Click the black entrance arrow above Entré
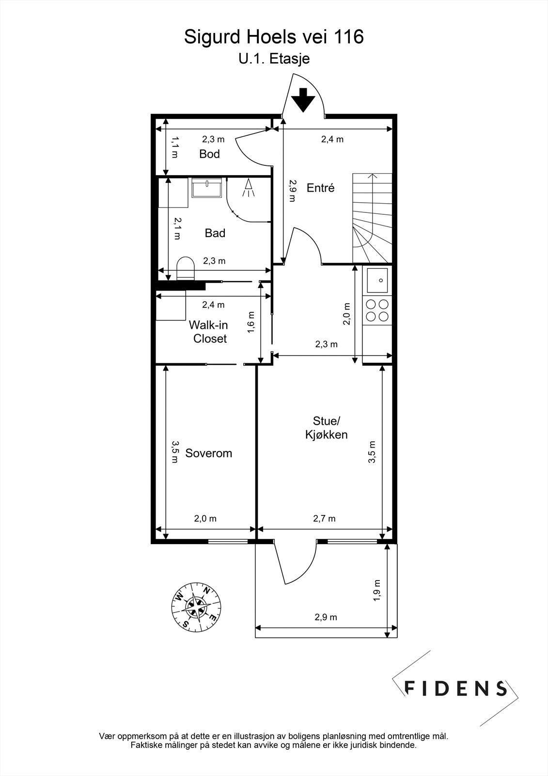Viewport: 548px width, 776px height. point(303,100)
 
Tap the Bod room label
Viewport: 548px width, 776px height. point(209,154)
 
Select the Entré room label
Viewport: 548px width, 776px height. point(321,188)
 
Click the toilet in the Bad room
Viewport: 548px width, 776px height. point(185,268)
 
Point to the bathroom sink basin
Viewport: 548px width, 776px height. point(207,187)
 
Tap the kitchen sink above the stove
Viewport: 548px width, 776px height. point(377,280)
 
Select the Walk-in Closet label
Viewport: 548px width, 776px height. point(209,332)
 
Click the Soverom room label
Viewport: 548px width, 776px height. point(208,453)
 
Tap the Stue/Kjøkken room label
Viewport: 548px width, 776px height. point(326,427)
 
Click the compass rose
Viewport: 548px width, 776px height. point(197,606)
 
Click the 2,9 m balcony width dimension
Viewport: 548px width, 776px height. point(326,617)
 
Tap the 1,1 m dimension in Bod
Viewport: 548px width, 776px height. point(175,147)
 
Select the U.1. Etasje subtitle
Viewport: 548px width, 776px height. point(274,59)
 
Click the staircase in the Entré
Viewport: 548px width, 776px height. point(373,218)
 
